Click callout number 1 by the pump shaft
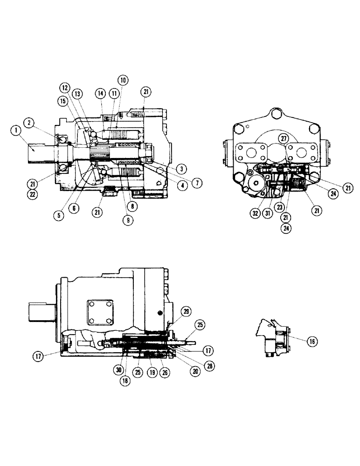click(17, 131)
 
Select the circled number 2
click(29, 123)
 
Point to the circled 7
click(199, 183)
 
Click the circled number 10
click(123, 80)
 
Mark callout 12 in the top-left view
click(64, 87)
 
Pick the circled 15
click(62, 101)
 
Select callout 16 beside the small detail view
click(312, 341)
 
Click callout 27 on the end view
click(283, 138)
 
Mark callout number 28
click(210, 366)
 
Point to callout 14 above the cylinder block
click(100, 93)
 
